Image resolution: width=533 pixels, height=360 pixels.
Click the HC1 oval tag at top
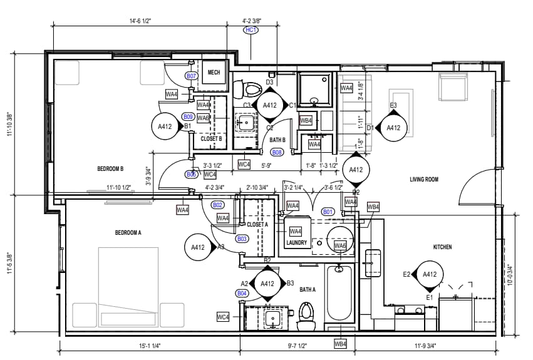point(251,29)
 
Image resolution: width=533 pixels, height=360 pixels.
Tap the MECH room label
point(214,73)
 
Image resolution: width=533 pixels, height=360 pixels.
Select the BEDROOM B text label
point(110,168)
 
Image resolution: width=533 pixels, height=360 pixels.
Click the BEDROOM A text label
point(128,232)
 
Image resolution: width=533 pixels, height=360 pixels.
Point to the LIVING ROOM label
point(424,180)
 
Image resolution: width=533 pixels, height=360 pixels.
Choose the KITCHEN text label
point(442,247)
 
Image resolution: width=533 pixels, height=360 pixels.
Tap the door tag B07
point(192,76)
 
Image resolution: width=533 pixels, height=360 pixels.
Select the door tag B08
point(276,152)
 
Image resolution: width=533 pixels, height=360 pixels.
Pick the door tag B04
point(242,293)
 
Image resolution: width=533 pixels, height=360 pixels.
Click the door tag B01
point(328,212)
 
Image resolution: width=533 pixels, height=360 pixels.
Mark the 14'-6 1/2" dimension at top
point(140,21)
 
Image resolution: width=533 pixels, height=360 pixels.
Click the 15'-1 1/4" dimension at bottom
point(149,346)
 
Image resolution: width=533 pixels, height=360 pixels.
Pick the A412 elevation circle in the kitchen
point(430,274)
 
